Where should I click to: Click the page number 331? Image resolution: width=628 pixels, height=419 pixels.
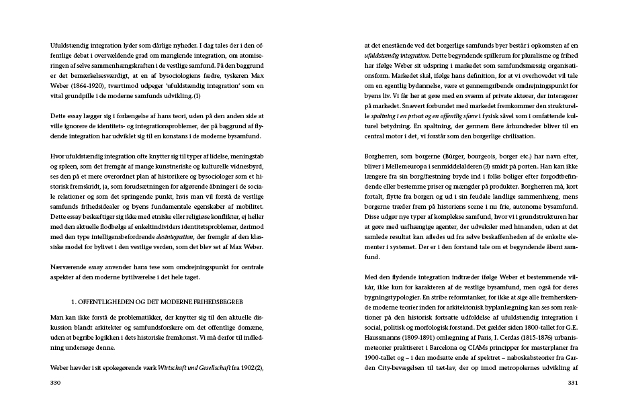point(573,383)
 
